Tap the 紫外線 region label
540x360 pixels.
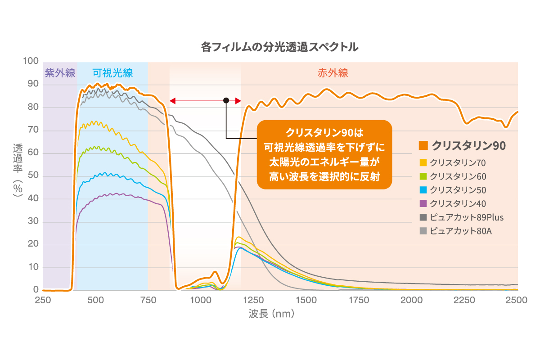[60, 73]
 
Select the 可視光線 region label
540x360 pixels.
[112, 73]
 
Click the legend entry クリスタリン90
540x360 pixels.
[463, 145]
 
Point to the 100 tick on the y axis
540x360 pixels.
[32, 61]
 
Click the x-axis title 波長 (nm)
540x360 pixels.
[271, 314]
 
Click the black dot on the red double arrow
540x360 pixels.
[226, 100]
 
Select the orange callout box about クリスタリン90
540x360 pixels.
[324, 154]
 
